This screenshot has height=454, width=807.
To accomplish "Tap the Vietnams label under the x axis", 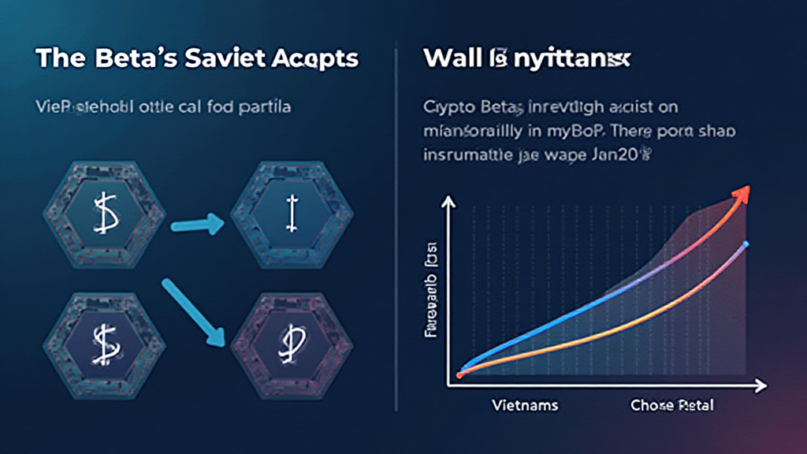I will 524,405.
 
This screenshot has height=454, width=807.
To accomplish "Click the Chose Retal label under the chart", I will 671,405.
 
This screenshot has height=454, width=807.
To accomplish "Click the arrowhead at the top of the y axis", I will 449,203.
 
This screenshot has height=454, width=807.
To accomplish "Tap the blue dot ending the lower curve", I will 745,244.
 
